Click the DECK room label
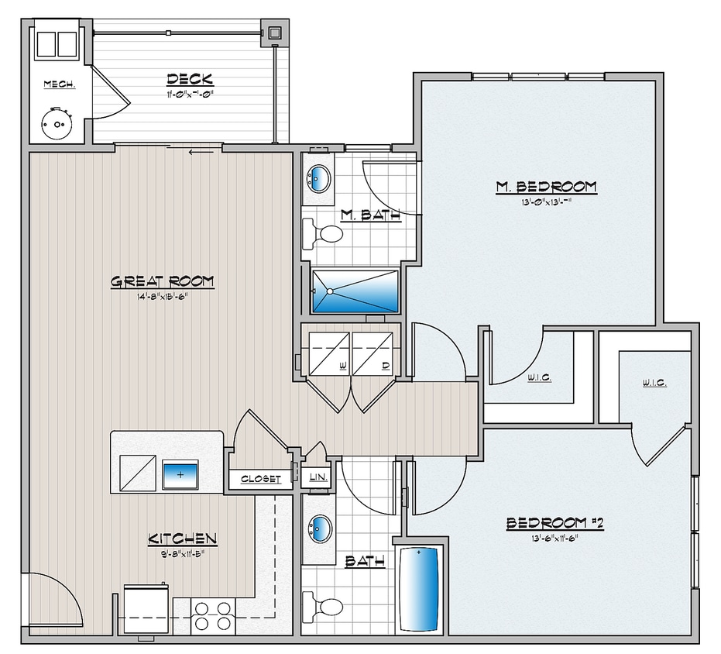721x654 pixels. coord(189,80)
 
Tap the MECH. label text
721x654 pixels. coord(59,84)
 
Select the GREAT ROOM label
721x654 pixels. coord(162,281)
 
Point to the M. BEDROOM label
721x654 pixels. coord(546,187)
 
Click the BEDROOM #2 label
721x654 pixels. coord(554,524)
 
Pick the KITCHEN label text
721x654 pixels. coord(182,539)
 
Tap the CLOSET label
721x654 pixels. coord(260,479)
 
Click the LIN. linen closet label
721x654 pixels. coord(318,479)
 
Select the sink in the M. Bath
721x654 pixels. coord(318,180)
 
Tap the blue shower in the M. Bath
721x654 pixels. coord(355,291)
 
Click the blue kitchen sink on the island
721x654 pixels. coord(180,473)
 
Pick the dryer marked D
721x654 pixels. coord(374,353)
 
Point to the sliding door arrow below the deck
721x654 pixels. coord(201,151)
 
